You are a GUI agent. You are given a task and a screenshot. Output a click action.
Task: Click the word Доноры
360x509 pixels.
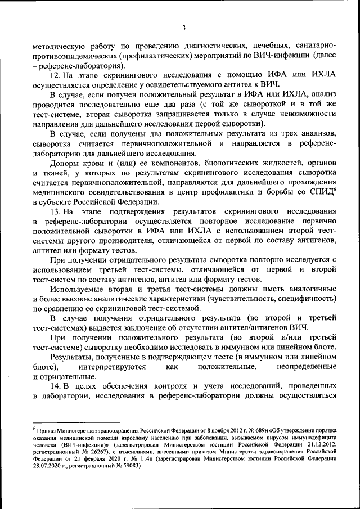[x=65, y=163]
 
